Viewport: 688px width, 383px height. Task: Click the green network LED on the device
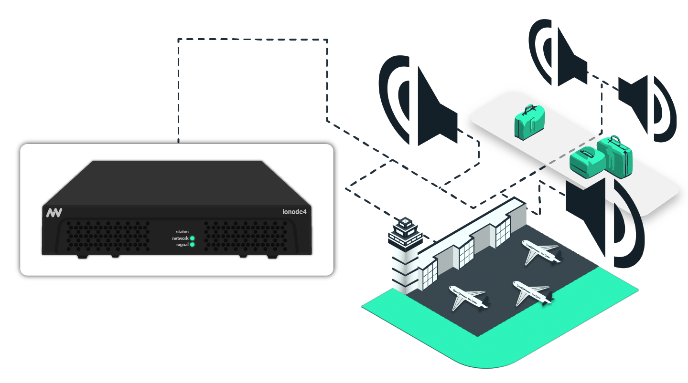[192, 238]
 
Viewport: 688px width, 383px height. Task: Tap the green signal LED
[192, 245]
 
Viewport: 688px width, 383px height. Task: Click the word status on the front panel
[182, 232]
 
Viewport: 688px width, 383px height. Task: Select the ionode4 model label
[294, 212]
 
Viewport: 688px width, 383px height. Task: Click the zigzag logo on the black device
[54, 213]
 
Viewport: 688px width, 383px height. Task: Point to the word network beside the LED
[180, 238]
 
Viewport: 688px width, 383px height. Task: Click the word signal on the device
[182, 245]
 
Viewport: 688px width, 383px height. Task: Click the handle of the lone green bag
[530, 109]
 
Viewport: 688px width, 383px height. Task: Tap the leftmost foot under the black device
[82, 257]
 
